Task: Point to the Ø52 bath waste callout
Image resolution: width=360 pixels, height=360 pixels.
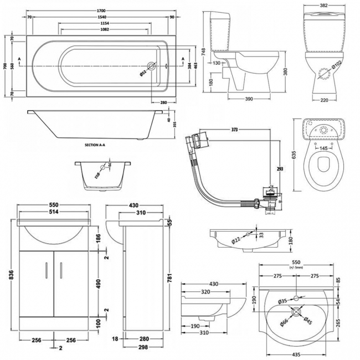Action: pyautogui.click(x=143, y=71)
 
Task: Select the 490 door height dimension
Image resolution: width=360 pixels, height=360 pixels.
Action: pyautogui.click(x=98, y=283)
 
